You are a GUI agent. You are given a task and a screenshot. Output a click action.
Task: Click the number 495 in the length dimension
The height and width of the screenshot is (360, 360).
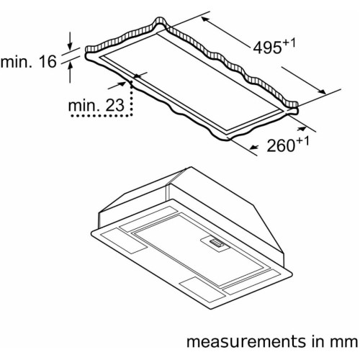[x=267, y=48]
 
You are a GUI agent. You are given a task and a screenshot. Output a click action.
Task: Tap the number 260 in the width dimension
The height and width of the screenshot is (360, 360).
[x=281, y=145]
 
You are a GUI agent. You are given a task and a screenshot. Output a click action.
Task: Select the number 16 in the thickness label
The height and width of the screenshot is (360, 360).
[x=48, y=61]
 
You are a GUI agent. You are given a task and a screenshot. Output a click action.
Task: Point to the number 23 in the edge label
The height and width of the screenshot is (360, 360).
[x=115, y=105]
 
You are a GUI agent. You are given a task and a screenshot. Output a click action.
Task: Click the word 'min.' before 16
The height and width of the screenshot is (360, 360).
[x=16, y=61]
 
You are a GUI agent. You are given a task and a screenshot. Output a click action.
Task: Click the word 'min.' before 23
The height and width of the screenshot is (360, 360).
[x=84, y=105]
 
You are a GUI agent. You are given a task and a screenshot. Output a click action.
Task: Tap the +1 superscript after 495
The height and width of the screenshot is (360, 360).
[x=289, y=42]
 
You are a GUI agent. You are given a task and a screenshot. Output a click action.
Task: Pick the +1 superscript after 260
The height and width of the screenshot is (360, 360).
[x=302, y=140]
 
